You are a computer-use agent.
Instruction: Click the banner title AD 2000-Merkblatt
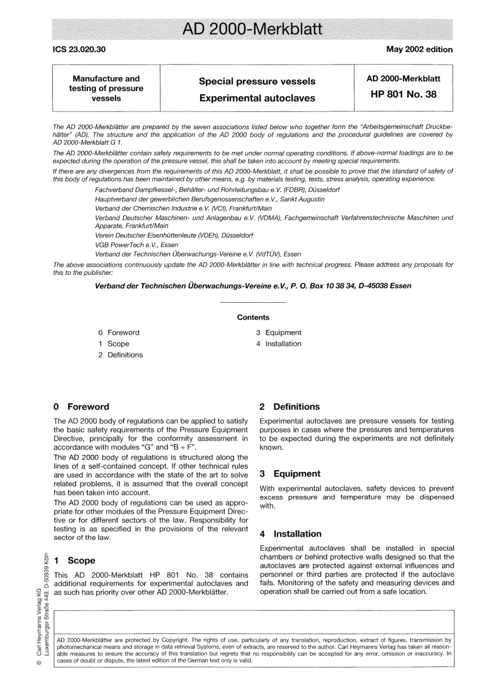[253, 28]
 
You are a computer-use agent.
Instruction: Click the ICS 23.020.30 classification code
[79, 50]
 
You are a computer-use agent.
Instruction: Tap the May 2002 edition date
[419, 50]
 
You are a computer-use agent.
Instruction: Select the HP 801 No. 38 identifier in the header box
[403, 94]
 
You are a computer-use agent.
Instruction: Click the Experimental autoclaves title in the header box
[257, 98]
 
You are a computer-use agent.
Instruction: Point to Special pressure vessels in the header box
[257, 81]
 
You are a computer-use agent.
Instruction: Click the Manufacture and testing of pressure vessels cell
[106, 88]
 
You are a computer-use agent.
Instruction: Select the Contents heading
[253, 317]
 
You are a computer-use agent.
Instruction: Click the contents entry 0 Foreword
[119, 333]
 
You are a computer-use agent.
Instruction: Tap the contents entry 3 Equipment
[279, 333]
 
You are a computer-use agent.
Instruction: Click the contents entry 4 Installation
[279, 344]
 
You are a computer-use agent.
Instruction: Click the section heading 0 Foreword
[81, 407]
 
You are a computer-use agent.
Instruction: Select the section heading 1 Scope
[74, 560]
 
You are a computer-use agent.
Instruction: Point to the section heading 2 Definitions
[289, 407]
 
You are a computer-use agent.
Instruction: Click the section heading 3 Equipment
[290, 474]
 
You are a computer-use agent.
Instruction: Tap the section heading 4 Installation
[290, 534]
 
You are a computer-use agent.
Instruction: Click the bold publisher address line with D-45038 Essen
[253, 286]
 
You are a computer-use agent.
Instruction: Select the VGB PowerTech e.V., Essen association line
[136, 245]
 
